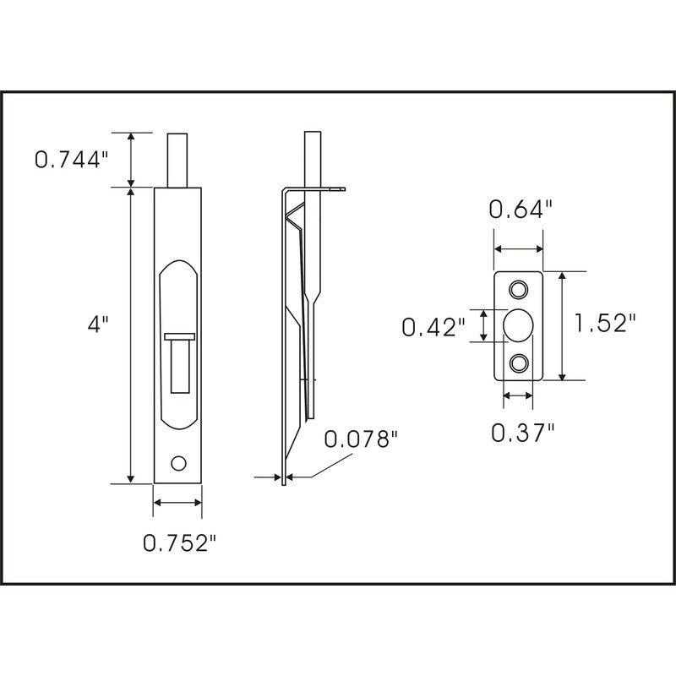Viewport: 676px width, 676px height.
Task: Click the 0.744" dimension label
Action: point(72,159)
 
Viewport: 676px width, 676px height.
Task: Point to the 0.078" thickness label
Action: point(361,439)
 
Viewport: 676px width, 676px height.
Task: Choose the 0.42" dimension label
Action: point(433,326)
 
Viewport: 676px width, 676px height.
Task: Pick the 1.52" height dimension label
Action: point(604,324)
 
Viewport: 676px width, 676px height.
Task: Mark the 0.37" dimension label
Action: point(523,432)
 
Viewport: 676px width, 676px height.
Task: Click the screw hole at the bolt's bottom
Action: point(177,462)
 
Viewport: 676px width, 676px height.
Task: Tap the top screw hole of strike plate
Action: point(518,289)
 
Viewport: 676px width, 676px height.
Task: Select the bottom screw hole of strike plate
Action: point(518,363)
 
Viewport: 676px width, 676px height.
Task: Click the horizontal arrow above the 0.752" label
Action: point(177,504)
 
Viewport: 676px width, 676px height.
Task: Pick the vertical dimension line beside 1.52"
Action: point(561,326)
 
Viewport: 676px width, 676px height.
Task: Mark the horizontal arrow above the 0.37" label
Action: point(518,395)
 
